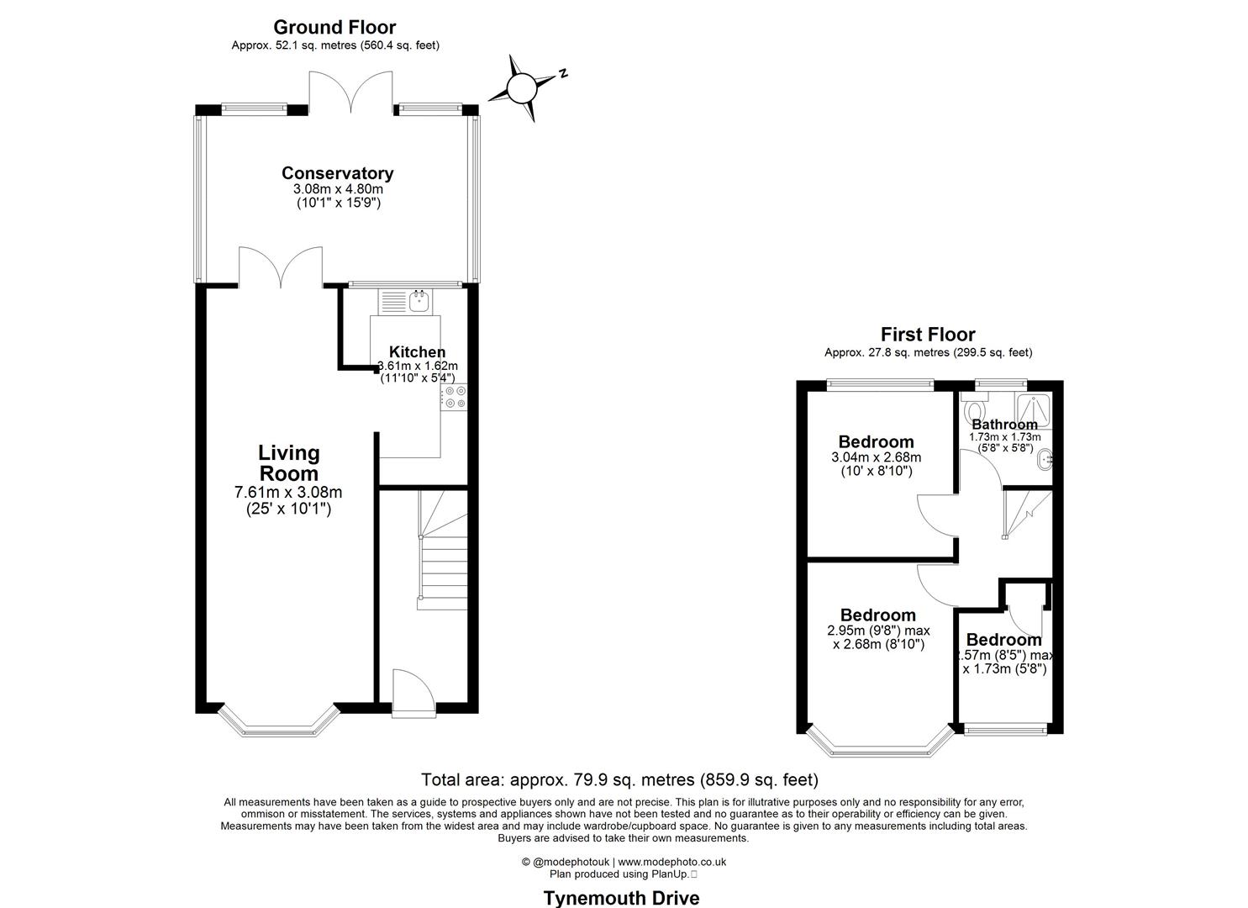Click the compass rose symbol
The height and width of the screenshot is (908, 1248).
point(521,87)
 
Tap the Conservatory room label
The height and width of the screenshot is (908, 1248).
point(337,173)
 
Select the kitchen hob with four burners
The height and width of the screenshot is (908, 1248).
point(455,397)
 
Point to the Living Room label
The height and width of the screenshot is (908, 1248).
point(288,463)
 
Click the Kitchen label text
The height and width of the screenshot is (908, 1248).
point(417,352)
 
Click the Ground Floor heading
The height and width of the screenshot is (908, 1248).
point(334,28)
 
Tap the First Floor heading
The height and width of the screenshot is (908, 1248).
point(928,335)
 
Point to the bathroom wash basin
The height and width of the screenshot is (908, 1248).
point(1044,459)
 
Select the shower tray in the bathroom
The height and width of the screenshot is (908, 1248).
point(1033,409)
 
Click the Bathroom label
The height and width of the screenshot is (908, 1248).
point(1004,425)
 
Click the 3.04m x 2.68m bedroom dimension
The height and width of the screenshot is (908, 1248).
point(876,457)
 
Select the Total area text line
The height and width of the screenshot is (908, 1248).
point(619,779)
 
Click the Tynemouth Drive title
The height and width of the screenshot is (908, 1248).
point(621,897)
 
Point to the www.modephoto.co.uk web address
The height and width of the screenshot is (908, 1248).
point(672,862)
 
